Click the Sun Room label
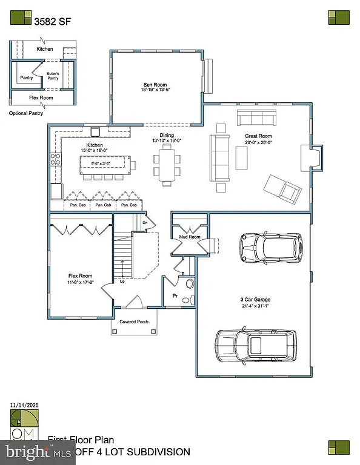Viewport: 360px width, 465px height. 155,85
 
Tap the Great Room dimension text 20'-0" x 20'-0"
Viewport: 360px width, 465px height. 258,143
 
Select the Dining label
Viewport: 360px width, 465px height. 167,135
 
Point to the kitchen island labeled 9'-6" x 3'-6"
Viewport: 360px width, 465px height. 105,163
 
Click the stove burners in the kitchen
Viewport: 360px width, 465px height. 56,160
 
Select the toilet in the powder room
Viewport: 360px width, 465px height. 189,283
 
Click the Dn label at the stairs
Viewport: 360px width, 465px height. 145,223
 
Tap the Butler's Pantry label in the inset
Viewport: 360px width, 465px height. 53,76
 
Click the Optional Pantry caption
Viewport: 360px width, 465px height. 27,113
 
